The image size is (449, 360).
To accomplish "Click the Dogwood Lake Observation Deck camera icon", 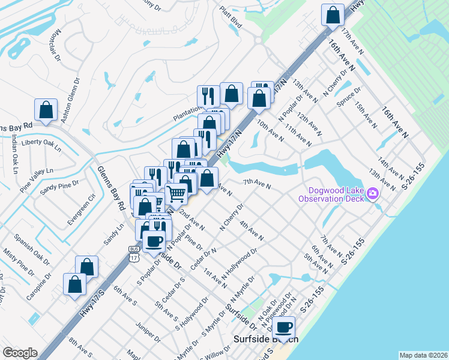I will (x=373, y=194).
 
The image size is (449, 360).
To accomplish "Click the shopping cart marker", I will (x=176, y=193).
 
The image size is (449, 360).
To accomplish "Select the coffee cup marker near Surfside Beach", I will (x=284, y=328).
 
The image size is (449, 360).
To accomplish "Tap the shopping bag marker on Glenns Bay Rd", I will (x=46, y=109).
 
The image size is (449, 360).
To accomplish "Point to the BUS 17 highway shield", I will (x=133, y=248).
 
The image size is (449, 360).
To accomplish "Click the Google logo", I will (x=20, y=353).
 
